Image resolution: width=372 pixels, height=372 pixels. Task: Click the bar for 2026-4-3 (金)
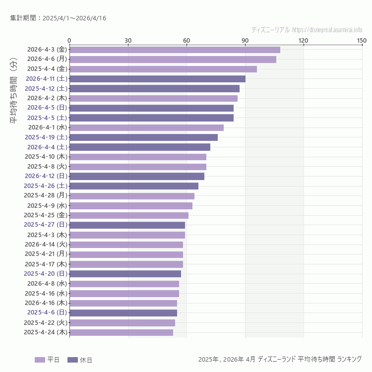point(175,50)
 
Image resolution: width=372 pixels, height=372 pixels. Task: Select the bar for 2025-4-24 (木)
point(122,332)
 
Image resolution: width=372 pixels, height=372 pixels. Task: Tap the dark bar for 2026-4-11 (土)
point(157,79)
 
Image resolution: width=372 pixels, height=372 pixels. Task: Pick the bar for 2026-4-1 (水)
point(146,127)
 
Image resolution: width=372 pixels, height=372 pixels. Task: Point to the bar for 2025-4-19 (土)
point(143,137)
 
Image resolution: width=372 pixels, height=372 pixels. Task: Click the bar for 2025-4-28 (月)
point(132,196)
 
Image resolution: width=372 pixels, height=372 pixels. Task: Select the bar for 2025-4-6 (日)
point(123,313)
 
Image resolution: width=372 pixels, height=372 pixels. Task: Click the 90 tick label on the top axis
point(245,40)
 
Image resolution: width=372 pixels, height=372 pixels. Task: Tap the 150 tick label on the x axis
point(362,40)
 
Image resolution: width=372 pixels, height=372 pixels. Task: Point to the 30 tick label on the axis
point(128,40)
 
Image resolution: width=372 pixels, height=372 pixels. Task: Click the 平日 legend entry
point(47,360)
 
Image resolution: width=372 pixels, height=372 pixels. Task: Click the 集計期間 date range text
point(58,18)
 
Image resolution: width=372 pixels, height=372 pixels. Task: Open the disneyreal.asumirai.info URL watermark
point(327,30)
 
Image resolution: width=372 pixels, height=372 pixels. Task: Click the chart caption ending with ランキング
point(280,359)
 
